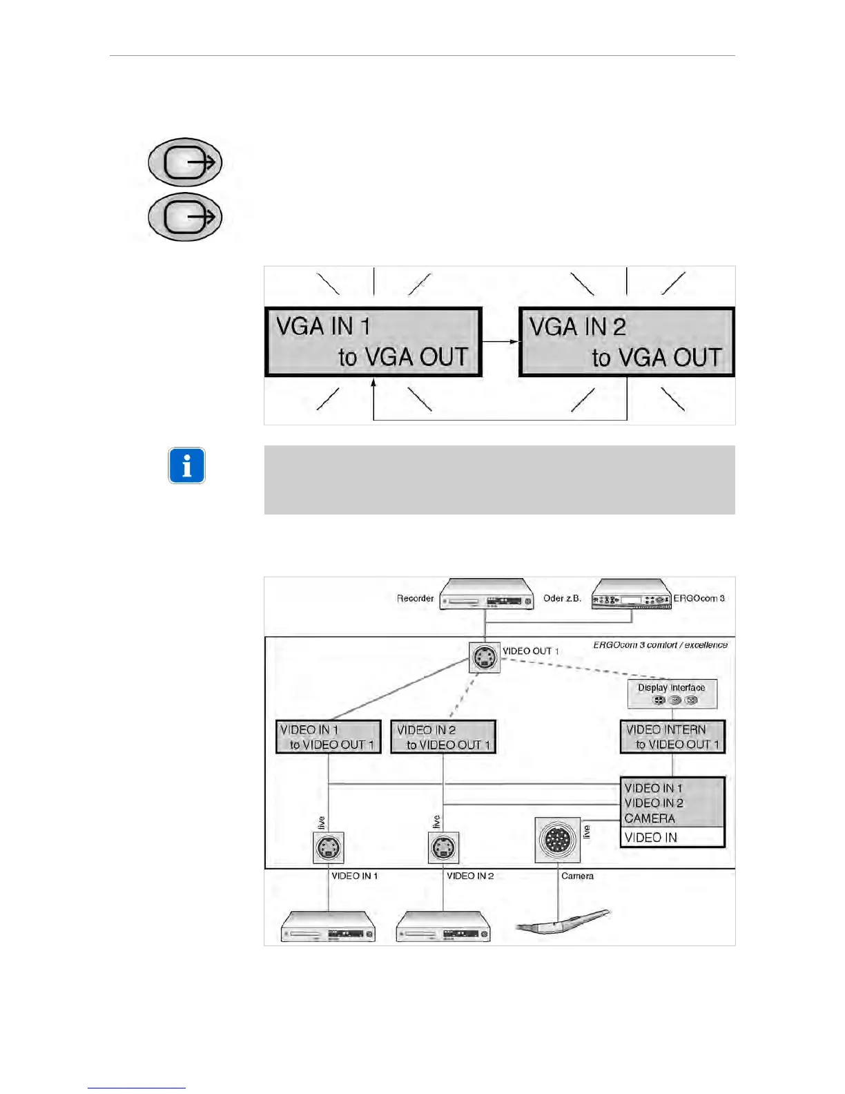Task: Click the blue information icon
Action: click(186, 466)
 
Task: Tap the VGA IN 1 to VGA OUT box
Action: click(373, 342)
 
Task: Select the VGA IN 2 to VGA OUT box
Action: click(626, 342)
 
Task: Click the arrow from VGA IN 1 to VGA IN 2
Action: click(500, 341)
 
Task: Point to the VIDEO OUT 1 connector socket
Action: click(484, 658)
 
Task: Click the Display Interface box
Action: click(672, 693)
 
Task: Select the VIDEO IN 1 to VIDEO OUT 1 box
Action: click(329, 737)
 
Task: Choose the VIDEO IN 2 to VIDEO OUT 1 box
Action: click(443, 737)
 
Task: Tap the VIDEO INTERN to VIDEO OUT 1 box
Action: click(672, 737)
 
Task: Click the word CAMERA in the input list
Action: click(650, 818)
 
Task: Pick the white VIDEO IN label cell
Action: click(672, 838)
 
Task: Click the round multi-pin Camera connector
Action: click(558, 840)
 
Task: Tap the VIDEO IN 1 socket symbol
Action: click(329, 847)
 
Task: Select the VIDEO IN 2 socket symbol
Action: click(443, 847)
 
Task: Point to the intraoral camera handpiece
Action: click(563, 923)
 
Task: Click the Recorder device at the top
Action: click(487, 595)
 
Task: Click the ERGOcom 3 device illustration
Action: click(632, 595)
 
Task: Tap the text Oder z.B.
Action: click(562, 598)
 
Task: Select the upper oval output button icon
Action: click(185, 162)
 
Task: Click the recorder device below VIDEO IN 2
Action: click(443, 927)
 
